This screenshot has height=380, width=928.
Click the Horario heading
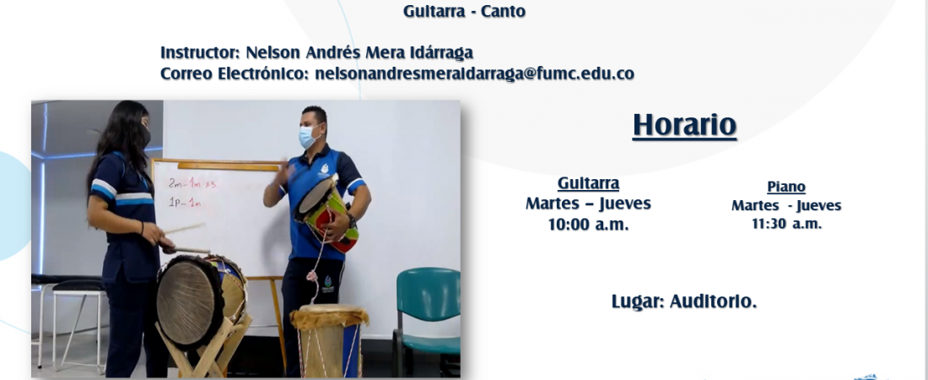(x=684, y=125)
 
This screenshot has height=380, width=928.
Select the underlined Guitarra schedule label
(x=588, y=183)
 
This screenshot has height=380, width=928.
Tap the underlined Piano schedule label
(x=786, y=187)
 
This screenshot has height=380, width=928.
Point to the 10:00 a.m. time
(x=588, y=225)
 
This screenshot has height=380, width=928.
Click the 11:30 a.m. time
(x=786, y=224)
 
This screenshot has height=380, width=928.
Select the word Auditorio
(x=713, y=301)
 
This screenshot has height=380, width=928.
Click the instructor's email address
(x=475, y=73)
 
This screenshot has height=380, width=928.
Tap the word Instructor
(x=200, y=52)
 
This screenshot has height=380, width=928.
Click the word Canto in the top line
(x=503, y=11)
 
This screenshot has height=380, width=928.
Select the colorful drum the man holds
(x=326, y=212)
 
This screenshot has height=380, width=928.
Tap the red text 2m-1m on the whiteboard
(x=192, y=184)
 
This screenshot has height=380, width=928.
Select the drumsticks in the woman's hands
(x=185, y=237)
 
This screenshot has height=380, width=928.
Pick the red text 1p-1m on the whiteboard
(x=185, y=203)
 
